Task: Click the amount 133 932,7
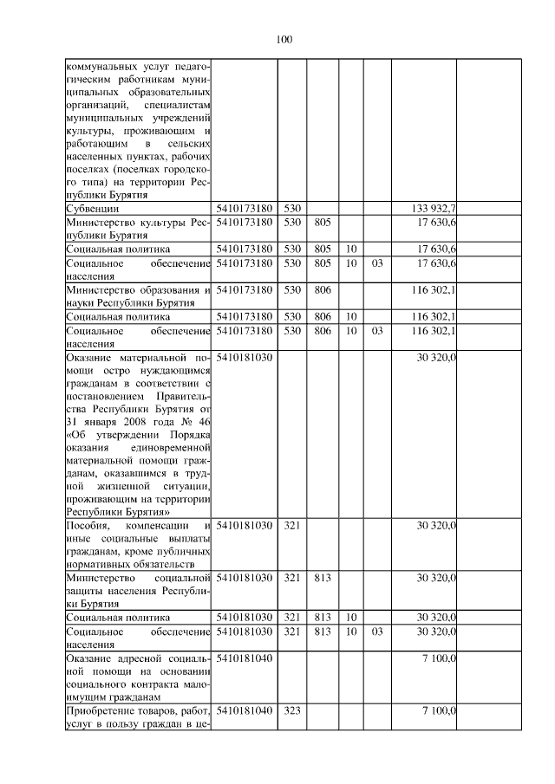pyautogui.click(x=434, y=209)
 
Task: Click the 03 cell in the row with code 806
pyautogui.click(x=376, y=331)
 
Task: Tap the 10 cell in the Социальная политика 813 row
pyautogui.click(x=351, y=618)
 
